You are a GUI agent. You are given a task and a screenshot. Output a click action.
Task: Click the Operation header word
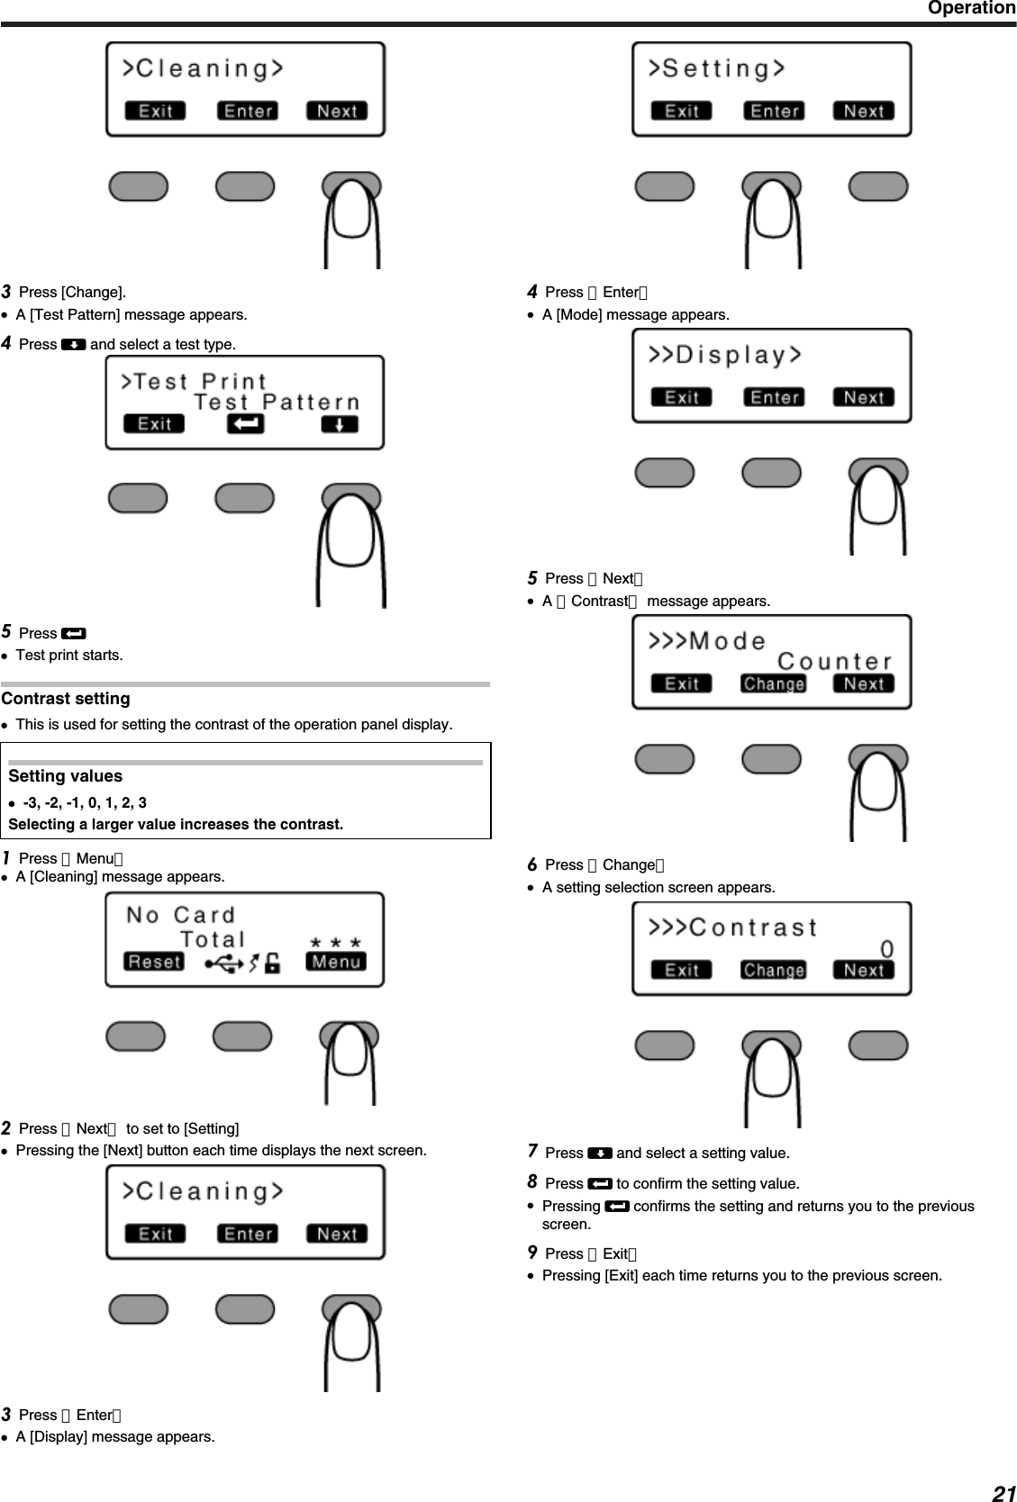(x=971, y=8)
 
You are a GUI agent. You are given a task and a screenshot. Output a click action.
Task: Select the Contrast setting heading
(x=66, y=699)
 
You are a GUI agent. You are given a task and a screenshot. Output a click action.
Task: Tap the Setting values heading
(x=66, y=776)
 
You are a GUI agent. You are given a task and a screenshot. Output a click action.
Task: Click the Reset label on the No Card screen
(x=154, y=962)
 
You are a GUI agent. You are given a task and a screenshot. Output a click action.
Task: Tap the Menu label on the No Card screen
(x=336, y=962)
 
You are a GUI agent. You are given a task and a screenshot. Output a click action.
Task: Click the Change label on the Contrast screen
(x=774, y=970)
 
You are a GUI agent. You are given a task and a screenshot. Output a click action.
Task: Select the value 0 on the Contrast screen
(x=886, y=949)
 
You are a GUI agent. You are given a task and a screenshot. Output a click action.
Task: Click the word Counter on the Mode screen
(x=834, y=662)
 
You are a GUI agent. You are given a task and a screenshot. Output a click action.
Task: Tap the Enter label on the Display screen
(x=774, y=397)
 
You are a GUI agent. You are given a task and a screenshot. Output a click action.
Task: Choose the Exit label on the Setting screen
(x=681, y=111)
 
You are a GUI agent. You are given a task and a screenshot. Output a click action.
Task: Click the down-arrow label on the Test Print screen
(x=340, y=423)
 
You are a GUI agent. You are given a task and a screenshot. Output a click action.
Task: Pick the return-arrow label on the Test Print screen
(x=245, y=423)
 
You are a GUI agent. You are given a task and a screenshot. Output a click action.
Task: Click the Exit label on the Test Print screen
(x=154, y=423)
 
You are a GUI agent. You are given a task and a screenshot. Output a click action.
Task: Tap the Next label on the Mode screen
(x=864, y=683)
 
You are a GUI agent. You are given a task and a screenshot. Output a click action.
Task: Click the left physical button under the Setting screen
(x=665, y=186)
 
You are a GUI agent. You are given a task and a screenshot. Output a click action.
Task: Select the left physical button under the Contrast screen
(x=665, y=1045)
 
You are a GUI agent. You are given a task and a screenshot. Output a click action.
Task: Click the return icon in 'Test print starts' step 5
(x=74, y=634)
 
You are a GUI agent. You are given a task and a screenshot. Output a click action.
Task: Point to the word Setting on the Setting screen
(x=723, y=68)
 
